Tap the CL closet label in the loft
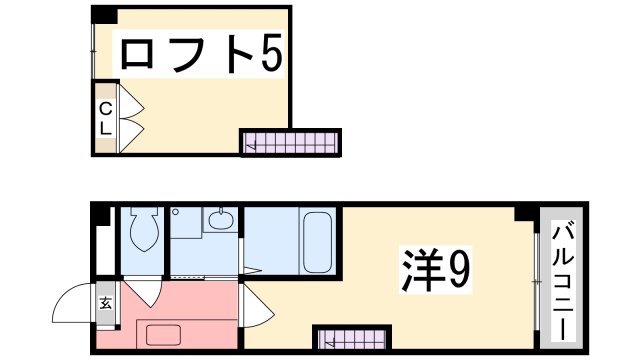point(104,117)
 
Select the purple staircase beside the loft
point(290,143)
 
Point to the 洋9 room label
point(436,267)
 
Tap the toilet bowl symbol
point(141,233)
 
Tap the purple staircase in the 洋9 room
point(350,338)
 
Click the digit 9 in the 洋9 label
point(457,267)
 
